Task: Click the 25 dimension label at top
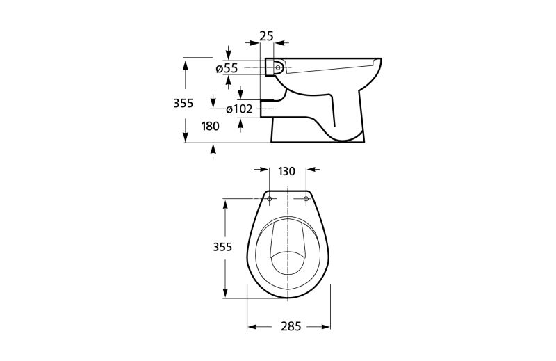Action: (266, 36)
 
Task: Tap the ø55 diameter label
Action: (227, 68)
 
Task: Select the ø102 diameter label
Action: (239, 109)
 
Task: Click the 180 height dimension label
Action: (211, 126)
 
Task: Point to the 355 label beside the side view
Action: (183, 104)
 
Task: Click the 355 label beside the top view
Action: (222, 247)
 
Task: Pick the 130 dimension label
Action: (286, 171)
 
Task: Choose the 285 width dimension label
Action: (291, 326)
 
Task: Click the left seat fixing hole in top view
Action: (270, 199)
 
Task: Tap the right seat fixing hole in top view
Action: (306, 199)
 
